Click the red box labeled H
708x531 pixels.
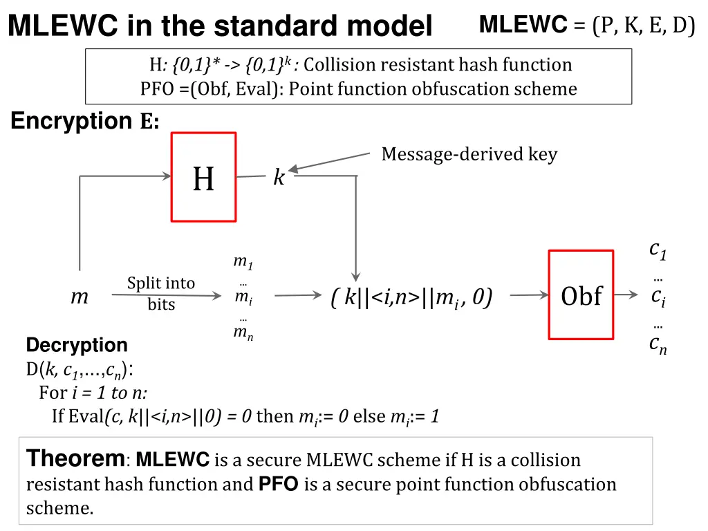tap(203, 177)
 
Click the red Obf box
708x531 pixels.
tap(581, 295)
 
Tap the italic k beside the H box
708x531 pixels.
tap(279, 178)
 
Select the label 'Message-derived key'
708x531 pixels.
tap(469, 154)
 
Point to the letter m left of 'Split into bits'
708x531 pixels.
tap(80, 297)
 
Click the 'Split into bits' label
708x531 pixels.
tap(161, 293)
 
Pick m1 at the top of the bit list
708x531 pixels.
tap(243, 262)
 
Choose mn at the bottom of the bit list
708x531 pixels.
tap(243, 333)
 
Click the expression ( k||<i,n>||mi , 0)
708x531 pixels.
tap(411, 297)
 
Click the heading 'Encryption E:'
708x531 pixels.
tap(85, 122)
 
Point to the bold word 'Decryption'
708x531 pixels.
tap(77, 345)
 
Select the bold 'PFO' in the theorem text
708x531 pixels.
tap(278, 484)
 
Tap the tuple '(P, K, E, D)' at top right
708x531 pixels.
tap(643, 26)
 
